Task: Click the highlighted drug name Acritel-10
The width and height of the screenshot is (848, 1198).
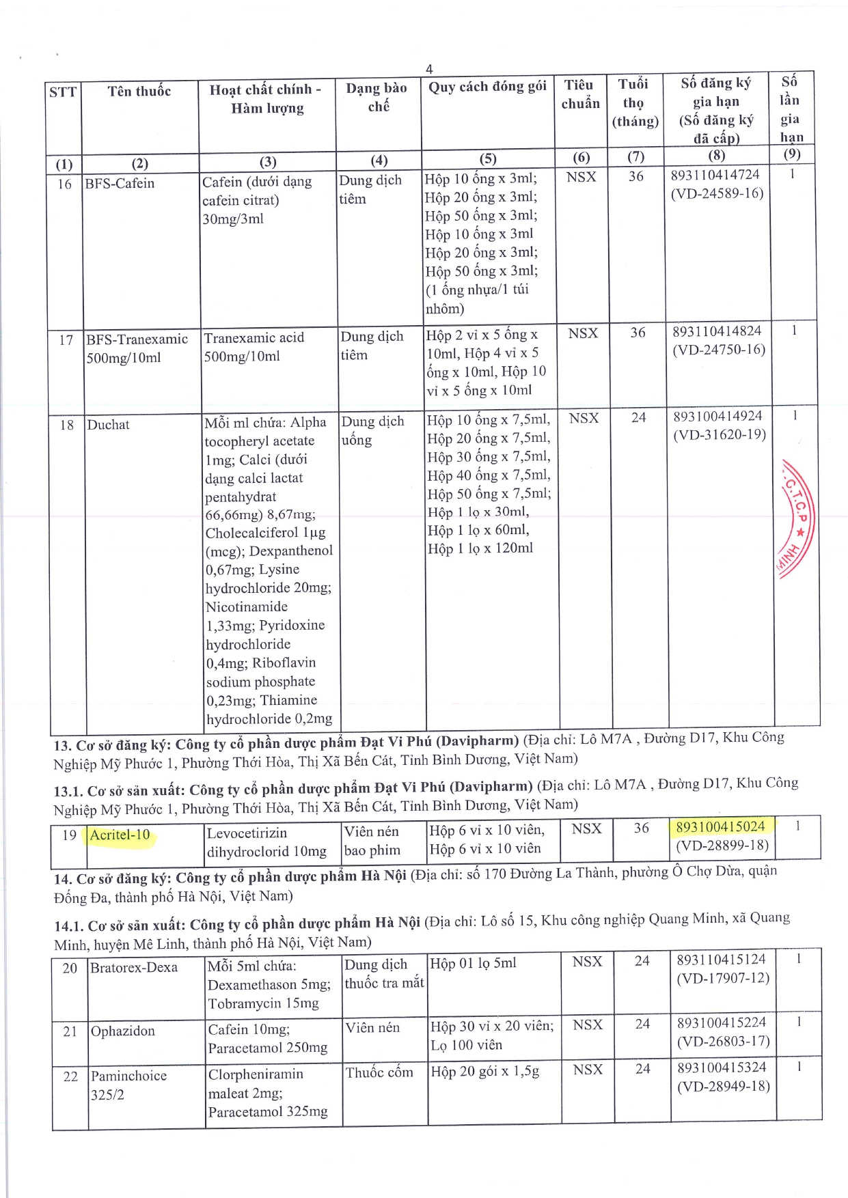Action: (120, 835)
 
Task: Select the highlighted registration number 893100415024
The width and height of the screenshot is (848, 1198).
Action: (720, 826)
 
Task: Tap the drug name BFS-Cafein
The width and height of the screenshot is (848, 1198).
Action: (120, 183)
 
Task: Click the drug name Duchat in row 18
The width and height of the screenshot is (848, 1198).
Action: (108, 424)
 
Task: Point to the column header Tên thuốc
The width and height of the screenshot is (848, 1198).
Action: (139, 91)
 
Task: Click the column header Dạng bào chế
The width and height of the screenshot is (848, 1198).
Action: (377, 97)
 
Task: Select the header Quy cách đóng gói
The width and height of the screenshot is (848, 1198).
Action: (487, 86)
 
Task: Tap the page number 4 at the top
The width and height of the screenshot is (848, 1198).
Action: (429, 69)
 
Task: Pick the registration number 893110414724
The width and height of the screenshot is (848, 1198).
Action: (715, 175)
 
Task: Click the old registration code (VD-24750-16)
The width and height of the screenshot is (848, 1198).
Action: (719, 350)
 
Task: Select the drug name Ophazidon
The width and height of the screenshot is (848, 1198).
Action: (123, 1031)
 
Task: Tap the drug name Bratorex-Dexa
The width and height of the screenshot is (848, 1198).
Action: (134, 967)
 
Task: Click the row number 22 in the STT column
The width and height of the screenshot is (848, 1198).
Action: (70, 1076)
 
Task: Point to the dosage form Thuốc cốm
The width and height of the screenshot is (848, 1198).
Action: (379, 1072)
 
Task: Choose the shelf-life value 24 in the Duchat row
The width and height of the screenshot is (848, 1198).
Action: (638, 417)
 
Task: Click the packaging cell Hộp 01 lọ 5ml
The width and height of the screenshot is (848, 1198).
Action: (473, 963)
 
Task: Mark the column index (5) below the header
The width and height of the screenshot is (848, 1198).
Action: (487, 158)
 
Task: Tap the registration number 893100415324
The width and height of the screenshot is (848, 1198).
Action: (722, 1067)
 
